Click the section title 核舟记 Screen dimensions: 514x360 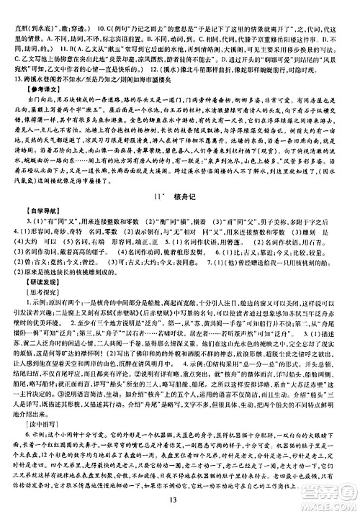pos(189,197)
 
